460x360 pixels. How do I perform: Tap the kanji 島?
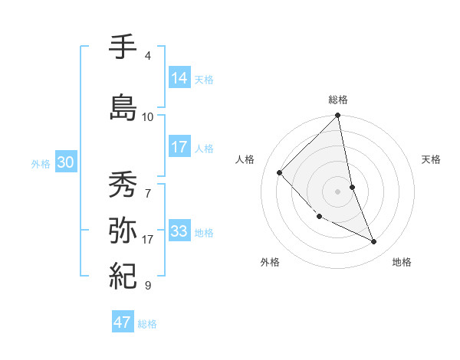pos(124,107)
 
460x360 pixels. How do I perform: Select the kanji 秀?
pos(124,185)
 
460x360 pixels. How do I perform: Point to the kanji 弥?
pos(124,231)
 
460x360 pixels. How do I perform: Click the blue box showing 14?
pos(179,78)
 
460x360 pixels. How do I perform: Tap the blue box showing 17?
pos(179,147)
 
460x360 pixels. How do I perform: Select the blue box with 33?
pos(179,231)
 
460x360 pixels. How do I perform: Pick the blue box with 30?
pos(65,162)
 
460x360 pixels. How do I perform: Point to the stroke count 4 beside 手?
pos(147,56)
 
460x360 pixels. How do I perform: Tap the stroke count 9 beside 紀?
pos(147,285)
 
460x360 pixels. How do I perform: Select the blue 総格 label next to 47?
pos(147,324)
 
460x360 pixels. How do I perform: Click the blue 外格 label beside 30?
pos(41,163)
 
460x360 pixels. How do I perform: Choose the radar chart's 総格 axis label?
pos(338,100)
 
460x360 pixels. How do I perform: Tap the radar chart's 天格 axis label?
pos(431,159)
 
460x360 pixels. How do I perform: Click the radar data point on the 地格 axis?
pos(374,242)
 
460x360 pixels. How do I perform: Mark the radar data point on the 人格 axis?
pos(280,172)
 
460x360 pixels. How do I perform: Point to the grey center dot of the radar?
pos(338,191)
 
